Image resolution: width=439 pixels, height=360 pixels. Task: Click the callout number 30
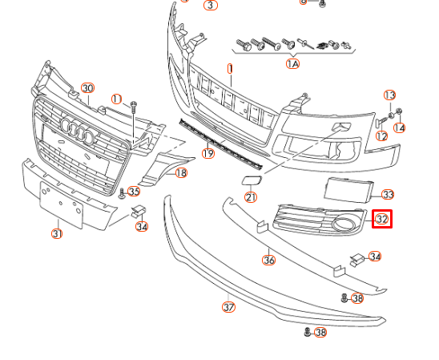click(87, 88)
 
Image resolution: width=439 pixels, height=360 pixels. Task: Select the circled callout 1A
click(293, 63)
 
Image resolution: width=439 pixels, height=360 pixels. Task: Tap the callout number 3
click(211, 5)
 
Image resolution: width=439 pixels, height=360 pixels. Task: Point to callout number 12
click(381, 136)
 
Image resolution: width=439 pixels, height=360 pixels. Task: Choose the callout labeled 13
click(390, 95)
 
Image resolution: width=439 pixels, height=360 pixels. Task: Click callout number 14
click(399, 127)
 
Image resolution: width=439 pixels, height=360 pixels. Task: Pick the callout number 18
click(181, 172)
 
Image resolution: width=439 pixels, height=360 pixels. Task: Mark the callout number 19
click(208, 153)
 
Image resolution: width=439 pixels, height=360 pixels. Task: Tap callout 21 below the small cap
click(251, 197)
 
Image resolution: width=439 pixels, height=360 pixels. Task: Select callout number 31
click(57, 233)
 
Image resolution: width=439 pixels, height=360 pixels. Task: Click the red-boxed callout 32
click(382, 218)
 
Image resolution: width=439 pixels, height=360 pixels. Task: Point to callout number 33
click(388, 194)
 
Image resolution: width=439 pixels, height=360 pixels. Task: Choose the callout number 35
click(133, 191)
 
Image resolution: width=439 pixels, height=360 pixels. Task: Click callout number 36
click(269, 260)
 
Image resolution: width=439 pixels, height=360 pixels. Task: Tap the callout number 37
click(229, 306)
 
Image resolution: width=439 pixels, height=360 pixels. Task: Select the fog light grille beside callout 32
click(320, 220)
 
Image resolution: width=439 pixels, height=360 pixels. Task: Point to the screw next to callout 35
click(122, 193)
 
